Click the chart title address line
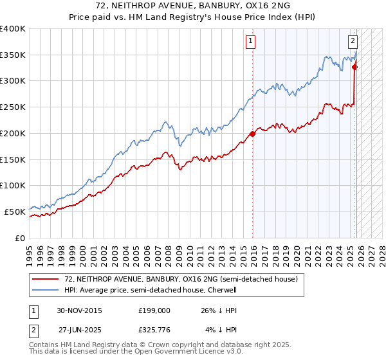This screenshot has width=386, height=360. [x=193, y=6]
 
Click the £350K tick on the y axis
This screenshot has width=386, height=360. [x=13, y=55]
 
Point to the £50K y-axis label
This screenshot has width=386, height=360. [x=15, y=212]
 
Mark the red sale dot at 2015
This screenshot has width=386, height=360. [x=252, y=134]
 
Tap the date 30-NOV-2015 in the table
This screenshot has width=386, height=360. [x=80, y=310]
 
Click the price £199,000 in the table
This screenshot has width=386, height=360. [x=154, y=310]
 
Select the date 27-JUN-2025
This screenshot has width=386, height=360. [x=80, y=331]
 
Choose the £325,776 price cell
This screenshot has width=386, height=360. [x=154, y=331]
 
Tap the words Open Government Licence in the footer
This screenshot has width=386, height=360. [x=187, y=354]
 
